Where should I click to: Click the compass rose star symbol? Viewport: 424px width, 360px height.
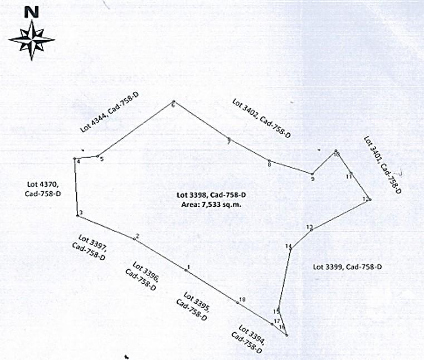tap(31, 40)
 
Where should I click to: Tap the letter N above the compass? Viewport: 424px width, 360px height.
tap(32, 11)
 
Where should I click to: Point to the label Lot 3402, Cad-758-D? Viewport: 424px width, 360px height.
tap(261, 118)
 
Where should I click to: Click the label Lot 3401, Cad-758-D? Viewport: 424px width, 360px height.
tap(382, 165)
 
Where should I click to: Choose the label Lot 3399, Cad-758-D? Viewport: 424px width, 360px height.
tap(347, 267)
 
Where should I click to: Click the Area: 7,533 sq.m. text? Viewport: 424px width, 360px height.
tap(212, 205)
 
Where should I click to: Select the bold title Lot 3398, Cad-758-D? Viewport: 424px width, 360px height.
tap(212, 195)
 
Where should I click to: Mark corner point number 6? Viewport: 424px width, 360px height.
tap(173, 102)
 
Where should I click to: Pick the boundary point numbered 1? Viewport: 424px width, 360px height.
tap(186, 270)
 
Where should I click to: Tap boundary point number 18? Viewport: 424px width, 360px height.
tap(237, 303)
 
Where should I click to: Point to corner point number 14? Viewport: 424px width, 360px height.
tap(291, 249)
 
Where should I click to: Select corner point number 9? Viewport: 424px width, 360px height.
tap(312, 174)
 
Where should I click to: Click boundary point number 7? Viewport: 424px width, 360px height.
tap(228, 139)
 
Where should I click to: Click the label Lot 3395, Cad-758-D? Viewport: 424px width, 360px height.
tap(192, 306)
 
